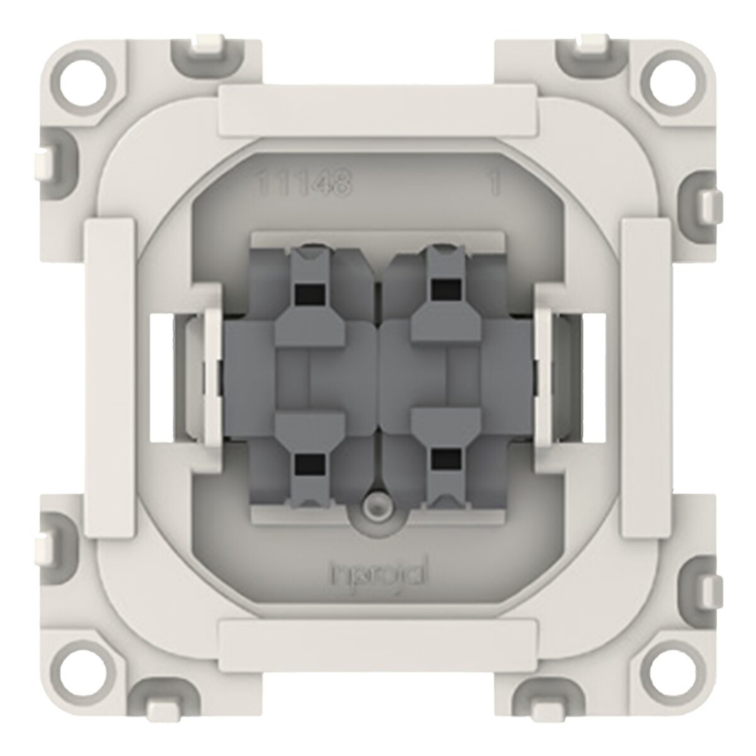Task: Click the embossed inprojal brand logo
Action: pyautogui.click(x=378, y=575)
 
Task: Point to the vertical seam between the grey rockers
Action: pyautogui.click(x=378, y=378)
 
